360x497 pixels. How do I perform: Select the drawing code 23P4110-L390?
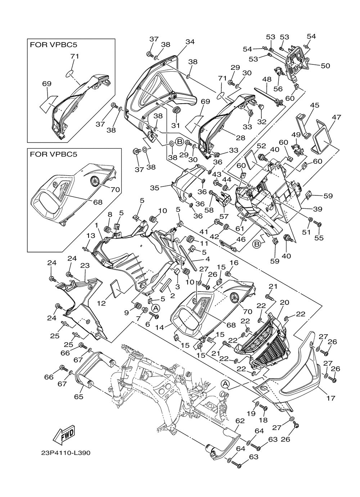(66, 453)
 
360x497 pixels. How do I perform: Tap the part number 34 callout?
(190, 42)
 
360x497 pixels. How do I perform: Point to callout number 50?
(325, 65)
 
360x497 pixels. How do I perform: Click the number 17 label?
(331, 398)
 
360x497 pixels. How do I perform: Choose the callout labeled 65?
(79, 397)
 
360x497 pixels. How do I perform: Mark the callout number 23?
(85, 265)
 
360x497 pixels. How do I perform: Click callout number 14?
(160, 327)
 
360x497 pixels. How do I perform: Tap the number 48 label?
(267, 80)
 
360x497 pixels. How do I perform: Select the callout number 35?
(155, 188)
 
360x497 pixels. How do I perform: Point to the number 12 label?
(101, 303)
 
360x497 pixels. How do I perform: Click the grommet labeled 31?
(177, 110)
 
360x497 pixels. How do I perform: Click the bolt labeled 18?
(264, 407)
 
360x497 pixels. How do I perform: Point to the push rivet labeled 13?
(86, 248)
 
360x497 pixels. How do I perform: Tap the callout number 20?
(284, 302)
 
